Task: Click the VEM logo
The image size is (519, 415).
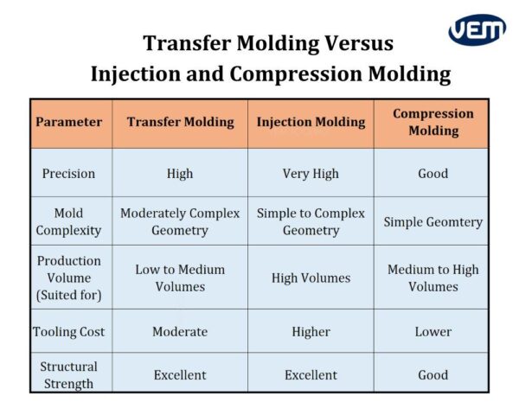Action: [x=476, y=30]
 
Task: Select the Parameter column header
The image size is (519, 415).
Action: [x=69, y=122]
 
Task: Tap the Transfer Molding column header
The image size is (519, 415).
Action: [x=180, y=122]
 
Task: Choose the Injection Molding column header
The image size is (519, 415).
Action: [x=311, y=122]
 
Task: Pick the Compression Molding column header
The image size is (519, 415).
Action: [x=432, y=122]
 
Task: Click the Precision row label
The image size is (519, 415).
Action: [x=69, y=173]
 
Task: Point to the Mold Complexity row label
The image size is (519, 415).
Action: [x=69, y=221]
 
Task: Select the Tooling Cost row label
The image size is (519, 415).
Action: [x=69, y=331]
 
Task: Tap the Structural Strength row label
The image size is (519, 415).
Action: [x=69, y=374]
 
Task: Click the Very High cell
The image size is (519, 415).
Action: [x=311, y=173]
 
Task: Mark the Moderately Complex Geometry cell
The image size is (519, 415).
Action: [x=180, y=221]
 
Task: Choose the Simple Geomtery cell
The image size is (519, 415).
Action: [x=432, y=221]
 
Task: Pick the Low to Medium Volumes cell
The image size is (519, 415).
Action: [x=180, y=278]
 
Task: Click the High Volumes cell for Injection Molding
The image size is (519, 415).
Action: [x=311, y=278]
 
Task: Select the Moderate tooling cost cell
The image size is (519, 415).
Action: [x=180, y=331]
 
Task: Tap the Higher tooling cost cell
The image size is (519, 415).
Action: [x=311, y=331]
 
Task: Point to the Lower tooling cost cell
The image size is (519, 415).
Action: [x=432, y=331]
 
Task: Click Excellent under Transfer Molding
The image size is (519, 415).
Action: [x=180, y=374]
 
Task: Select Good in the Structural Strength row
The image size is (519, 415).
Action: [x=432, y=374]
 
